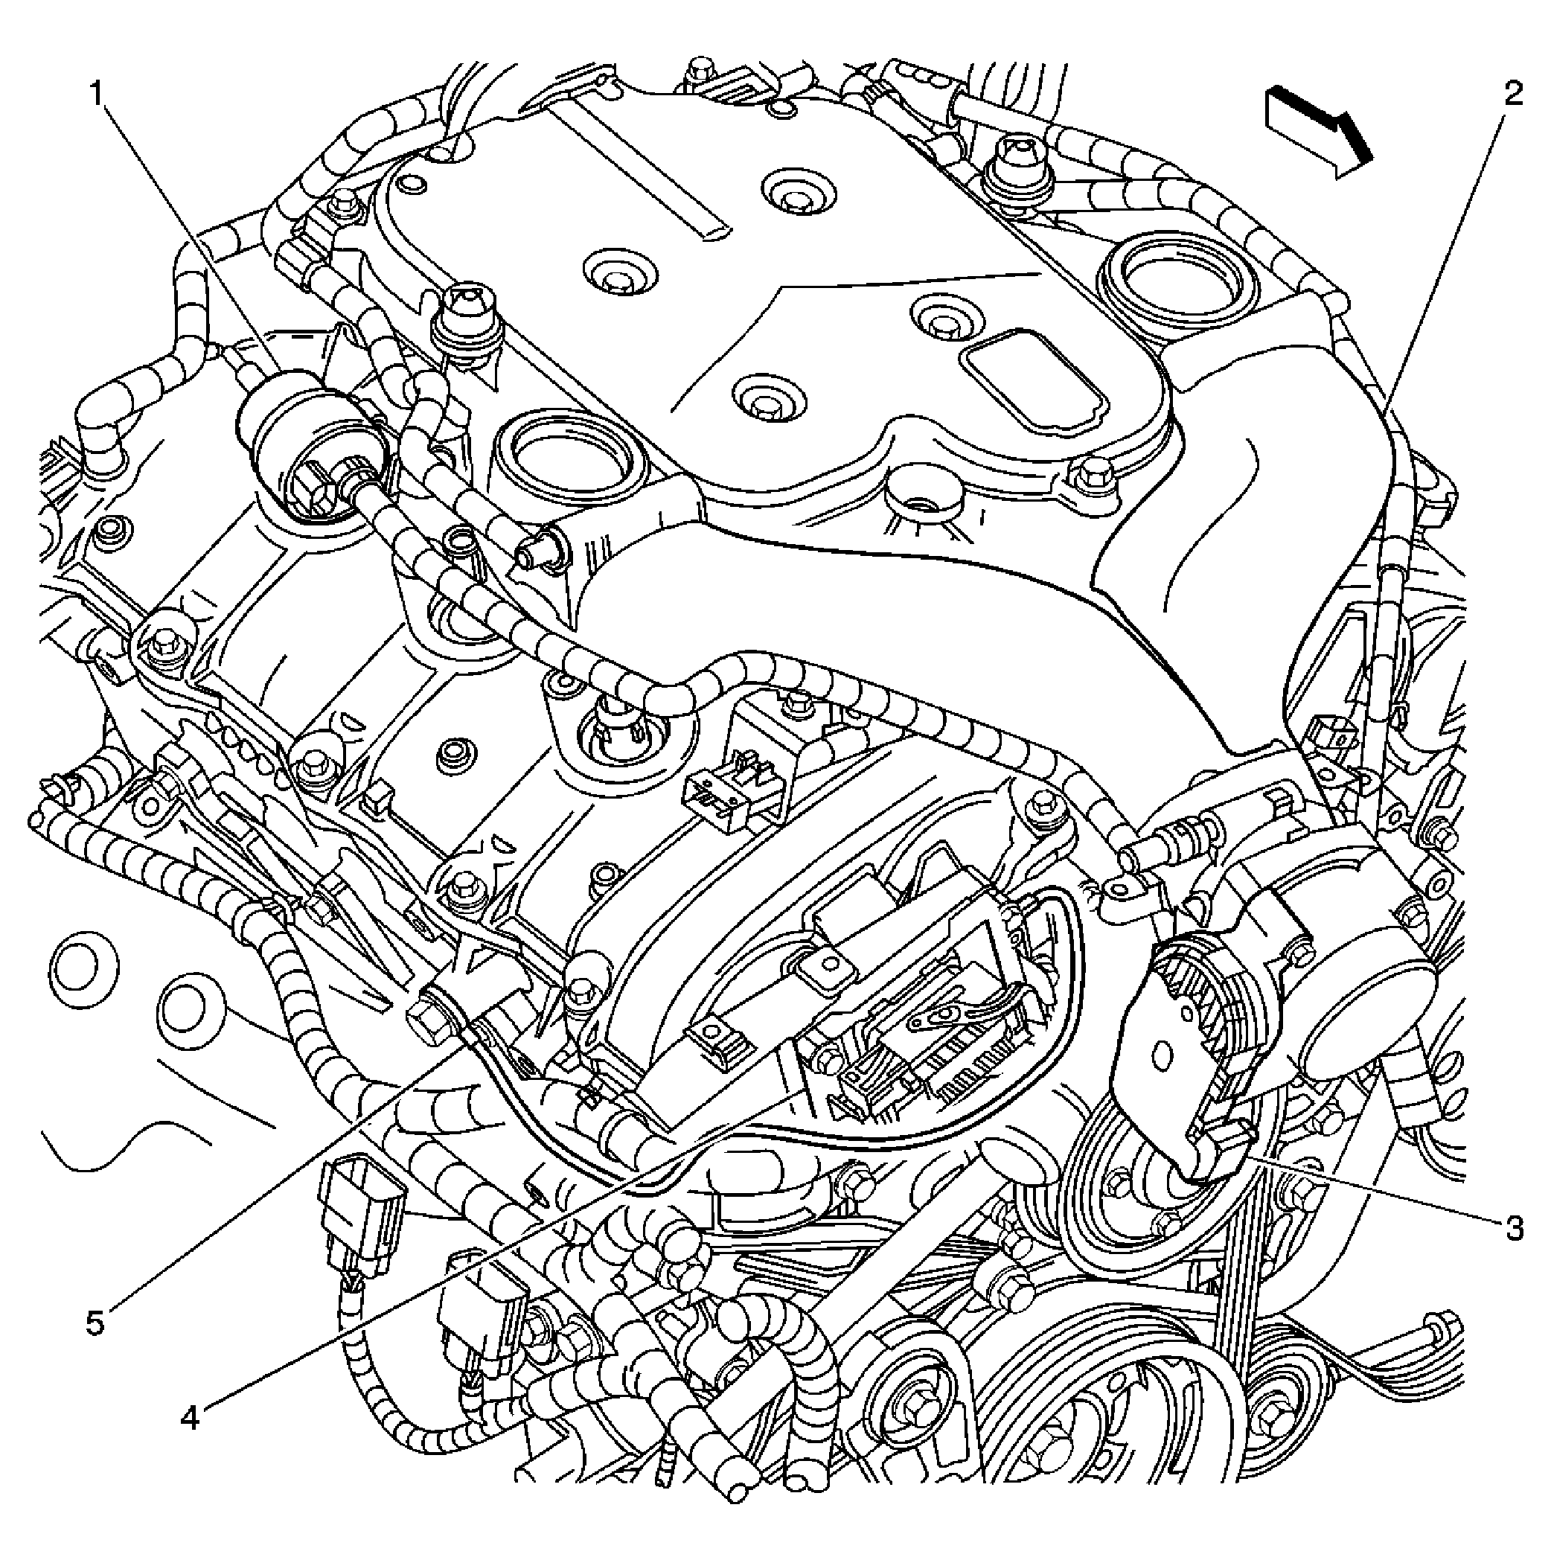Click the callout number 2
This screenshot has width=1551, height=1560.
tap(1512, 94)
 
